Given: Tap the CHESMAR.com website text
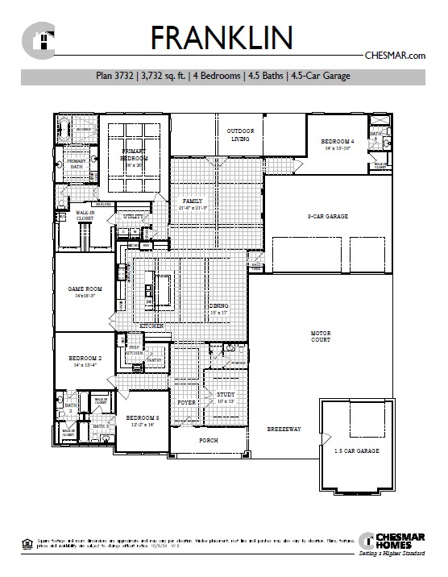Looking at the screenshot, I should point(396,56).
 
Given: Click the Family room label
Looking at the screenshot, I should point(193,201).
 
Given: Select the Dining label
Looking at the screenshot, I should point(219,306).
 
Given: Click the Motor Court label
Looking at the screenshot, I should point(321,336).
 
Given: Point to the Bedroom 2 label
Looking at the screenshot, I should point(85,357).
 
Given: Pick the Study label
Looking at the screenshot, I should point(226,394).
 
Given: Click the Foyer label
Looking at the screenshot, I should point(187,401).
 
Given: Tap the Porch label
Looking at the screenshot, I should point(209,440).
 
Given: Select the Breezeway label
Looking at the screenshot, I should point(284,430).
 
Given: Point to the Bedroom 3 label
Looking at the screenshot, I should point(141,417).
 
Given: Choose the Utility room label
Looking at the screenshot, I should point(132,217).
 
